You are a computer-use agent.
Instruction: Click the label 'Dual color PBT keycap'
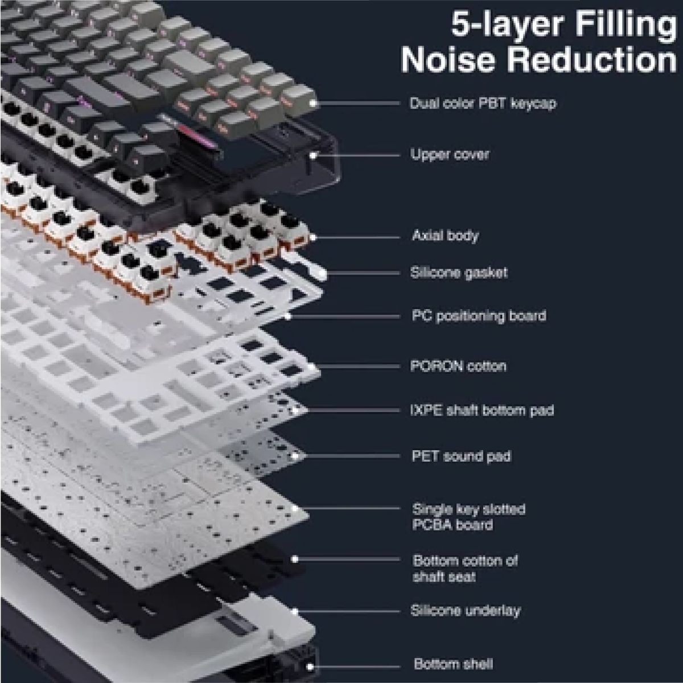pyautogui.click(x=483, y=104)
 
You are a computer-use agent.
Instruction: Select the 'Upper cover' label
pyautogui.click(x=450, y=154)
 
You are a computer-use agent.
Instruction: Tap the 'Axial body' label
pyautogui.click(x=445, y=236)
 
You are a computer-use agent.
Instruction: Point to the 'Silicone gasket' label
pyautogui.click(x=459, y=273)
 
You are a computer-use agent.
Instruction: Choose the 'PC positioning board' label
pyautogui.click(x=479, y=315)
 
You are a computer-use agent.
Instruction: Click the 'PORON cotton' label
pyautogui.click(x=458, y=365)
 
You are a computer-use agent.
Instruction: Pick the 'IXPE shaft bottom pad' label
pyautogui.click(x=482, y=410)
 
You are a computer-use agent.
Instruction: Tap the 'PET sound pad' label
pyautogui.click(x=461, y=456)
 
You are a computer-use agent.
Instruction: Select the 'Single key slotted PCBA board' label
pyautogui.click(x=468, y=516)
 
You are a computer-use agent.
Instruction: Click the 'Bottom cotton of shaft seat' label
pyautogui.click(x=466, y=569)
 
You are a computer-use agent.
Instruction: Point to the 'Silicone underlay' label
pyautogui.click(x=465, y=611)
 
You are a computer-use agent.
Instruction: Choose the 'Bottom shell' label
pyautogui.click(x=453, y=664)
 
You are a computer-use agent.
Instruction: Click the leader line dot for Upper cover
pyautogui.click(x=312, y=154)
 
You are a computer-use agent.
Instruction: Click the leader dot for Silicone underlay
pyautogui.click(x=295, y=611)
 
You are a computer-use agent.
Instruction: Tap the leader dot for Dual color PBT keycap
pyautogui.click(x=312, y=104)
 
